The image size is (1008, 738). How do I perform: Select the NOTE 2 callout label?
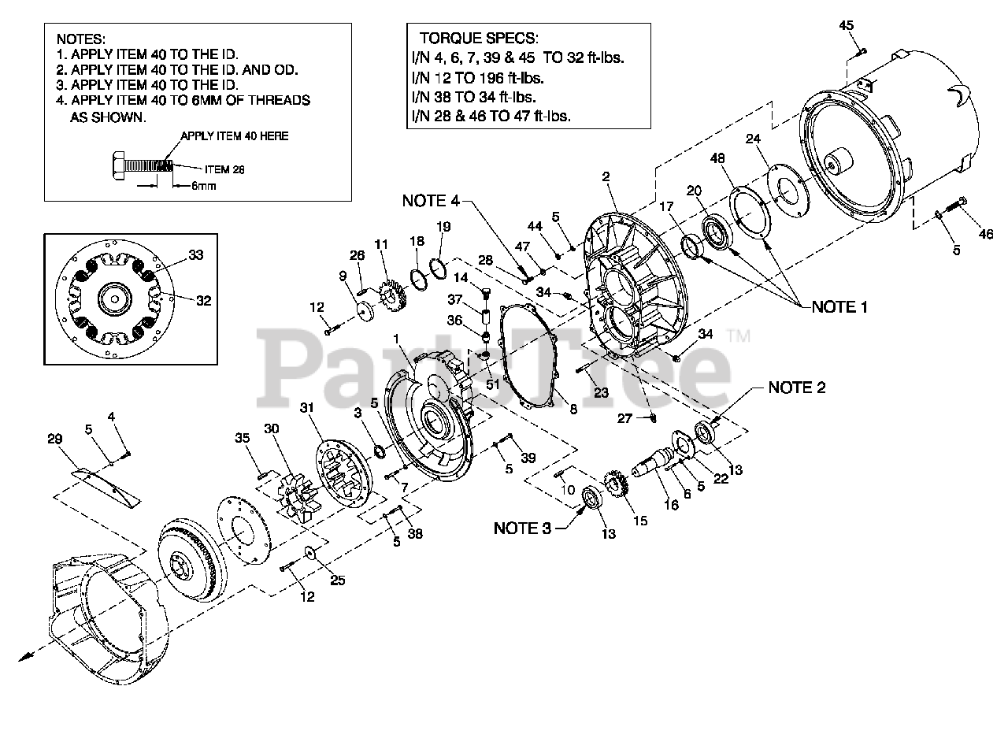[797, 388]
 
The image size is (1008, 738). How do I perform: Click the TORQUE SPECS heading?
[478, 38]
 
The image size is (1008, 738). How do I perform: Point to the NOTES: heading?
[81, 39]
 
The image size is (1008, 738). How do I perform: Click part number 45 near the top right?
[846, 26]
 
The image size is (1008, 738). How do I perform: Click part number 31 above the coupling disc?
[306, 409]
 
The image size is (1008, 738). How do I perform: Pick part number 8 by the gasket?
[573, 409]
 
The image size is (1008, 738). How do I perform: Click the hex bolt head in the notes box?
[115, 166]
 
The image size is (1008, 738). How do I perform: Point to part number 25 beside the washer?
[336, 580]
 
